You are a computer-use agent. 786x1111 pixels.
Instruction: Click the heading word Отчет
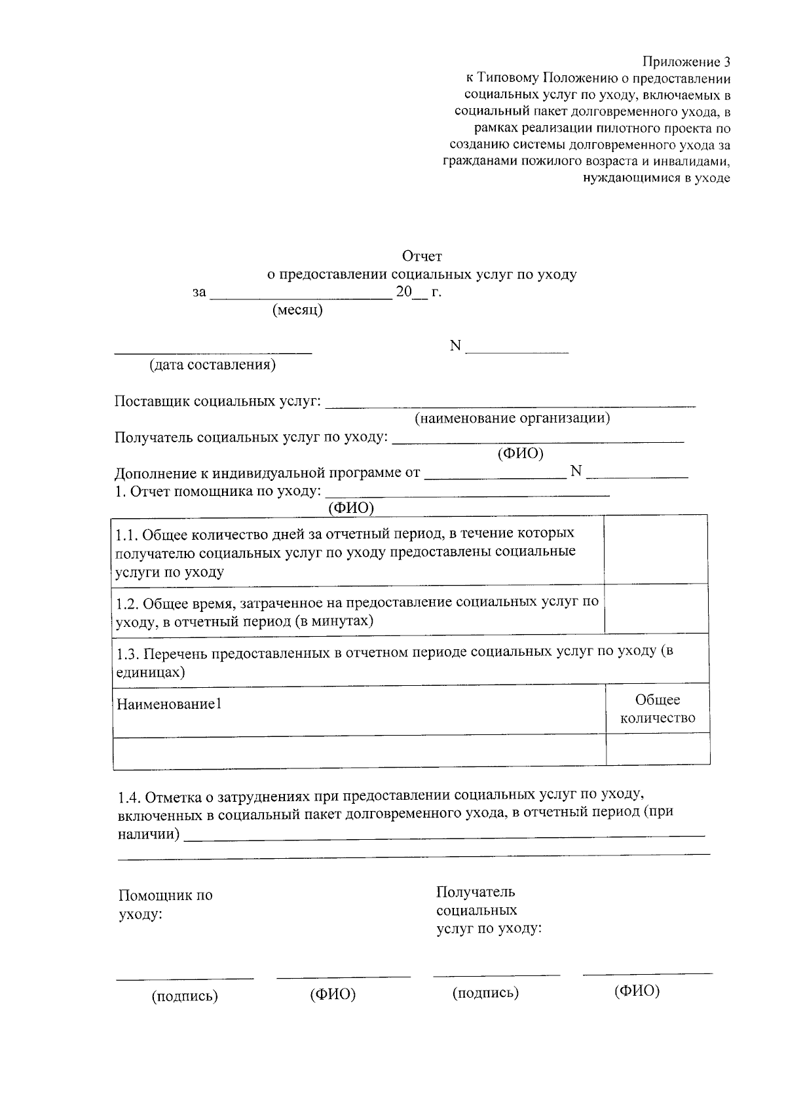click(422, 256)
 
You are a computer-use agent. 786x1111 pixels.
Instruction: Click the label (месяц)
click(298, 310)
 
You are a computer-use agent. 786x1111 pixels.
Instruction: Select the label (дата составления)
click(212, 365)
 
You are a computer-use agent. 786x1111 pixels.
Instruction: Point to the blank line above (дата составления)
click(213, 352)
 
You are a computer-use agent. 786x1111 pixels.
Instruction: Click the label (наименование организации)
click(512, 418)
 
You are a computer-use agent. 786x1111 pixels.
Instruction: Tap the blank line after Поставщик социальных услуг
click(510, 405)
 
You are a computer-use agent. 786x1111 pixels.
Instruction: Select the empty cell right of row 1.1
click(656, 549)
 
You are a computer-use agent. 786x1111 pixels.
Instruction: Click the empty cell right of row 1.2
click(656, 608)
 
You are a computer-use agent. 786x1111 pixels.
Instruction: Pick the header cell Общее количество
click(658, 709)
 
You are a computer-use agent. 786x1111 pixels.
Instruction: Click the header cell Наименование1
click(169, 705)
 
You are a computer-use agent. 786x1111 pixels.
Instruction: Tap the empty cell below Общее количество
click(658, 749)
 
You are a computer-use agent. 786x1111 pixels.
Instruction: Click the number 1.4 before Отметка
click(129, 798)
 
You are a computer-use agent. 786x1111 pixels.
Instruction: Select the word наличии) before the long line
click(149, 834)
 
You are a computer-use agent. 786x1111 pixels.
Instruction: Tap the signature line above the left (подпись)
click(185, 979)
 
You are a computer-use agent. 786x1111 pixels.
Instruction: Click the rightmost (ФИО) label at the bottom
click(637, 991)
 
